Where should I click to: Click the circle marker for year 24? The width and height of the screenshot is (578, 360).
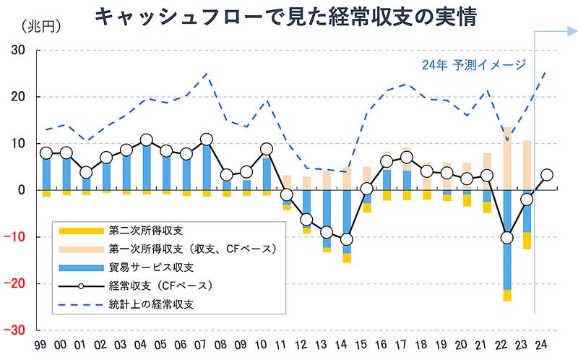tap(547, 175)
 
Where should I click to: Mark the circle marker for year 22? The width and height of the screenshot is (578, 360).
tap(507, 237)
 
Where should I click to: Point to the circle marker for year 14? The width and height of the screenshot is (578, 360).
tap(347, 239)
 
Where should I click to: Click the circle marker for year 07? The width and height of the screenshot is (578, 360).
tap(207, 140)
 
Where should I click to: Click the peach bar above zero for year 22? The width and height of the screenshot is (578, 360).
tap(507, 158)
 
